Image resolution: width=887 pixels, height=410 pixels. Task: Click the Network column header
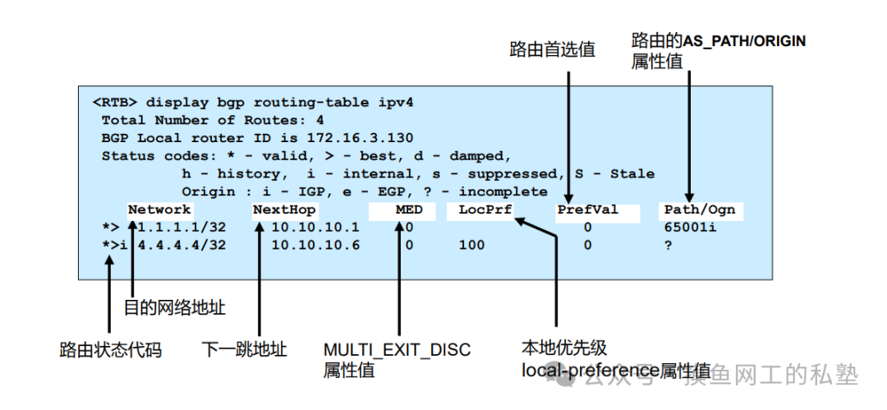[x=159, y=210]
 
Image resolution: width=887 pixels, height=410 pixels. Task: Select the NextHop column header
[x=284, y=210]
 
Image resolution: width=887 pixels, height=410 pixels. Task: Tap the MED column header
[x=409, y=210]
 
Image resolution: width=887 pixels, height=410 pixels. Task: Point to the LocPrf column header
[x=485, y=210]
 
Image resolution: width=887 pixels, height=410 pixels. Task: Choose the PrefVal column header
[x=587, y=210]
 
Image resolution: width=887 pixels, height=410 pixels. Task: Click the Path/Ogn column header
[x=700, y=210]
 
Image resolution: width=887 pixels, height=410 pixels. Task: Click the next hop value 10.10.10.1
[x=315, y=227]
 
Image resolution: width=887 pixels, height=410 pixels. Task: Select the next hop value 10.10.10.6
[x=315, y=245]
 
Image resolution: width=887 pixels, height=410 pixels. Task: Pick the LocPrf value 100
[x=471, y=245]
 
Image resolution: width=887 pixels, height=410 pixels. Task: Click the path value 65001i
[x=690, y=227]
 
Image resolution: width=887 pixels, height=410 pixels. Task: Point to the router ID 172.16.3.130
[x=360, y=137]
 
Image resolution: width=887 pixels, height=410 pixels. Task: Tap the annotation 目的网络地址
[x=174, y=308]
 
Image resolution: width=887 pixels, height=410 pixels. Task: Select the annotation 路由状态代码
[x=111, y=350]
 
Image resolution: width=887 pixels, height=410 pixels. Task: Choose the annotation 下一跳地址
[x=244, y=350]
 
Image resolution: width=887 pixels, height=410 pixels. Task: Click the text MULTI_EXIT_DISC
[x=397, y=350]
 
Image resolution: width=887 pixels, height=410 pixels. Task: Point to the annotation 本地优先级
[x=564, y=348]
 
